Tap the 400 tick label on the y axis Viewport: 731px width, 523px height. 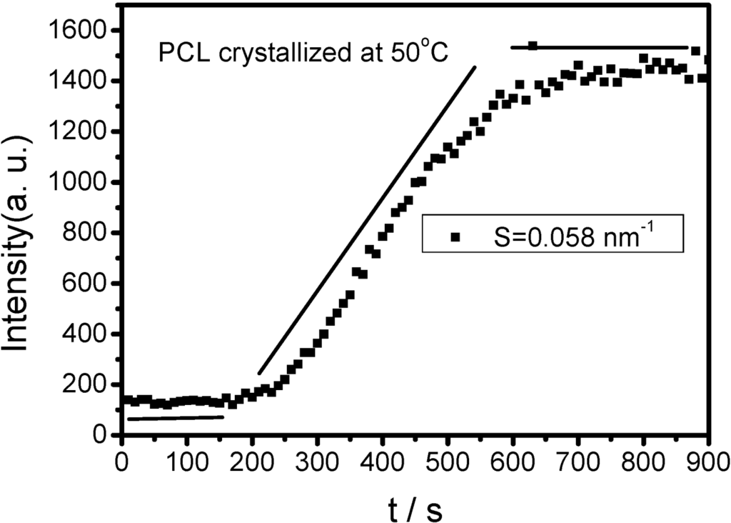pos(86,334)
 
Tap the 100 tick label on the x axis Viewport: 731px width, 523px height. pos(186,458)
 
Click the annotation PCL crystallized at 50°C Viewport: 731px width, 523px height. pos(302,54)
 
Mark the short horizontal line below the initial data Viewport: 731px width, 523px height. pos(176,417)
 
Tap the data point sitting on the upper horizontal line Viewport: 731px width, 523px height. pos(533,46)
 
